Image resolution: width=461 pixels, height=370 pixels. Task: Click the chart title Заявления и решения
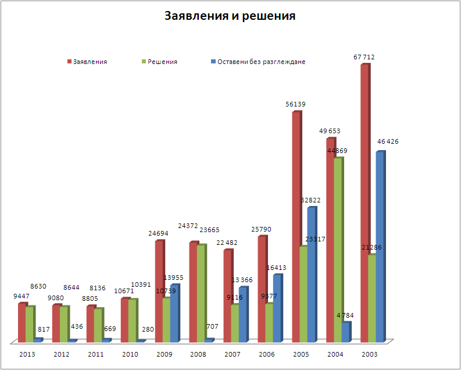[230, 16]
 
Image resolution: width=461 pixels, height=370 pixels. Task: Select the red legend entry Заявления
[90, 62]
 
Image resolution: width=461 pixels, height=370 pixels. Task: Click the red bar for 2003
[364, 204]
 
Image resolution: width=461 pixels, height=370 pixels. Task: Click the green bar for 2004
[337, 250]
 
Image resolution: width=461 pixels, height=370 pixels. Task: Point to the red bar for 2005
[296, 227]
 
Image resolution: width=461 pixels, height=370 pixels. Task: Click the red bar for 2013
[22, 323]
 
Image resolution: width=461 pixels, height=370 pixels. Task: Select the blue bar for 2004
[345, 332]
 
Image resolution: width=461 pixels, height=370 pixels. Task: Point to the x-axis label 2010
[130, 353]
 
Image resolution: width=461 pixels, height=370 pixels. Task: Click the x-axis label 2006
[266, 353]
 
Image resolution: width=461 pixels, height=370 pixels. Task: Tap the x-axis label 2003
[369, 353]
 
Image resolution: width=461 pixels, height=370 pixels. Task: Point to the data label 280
[148, 329]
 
